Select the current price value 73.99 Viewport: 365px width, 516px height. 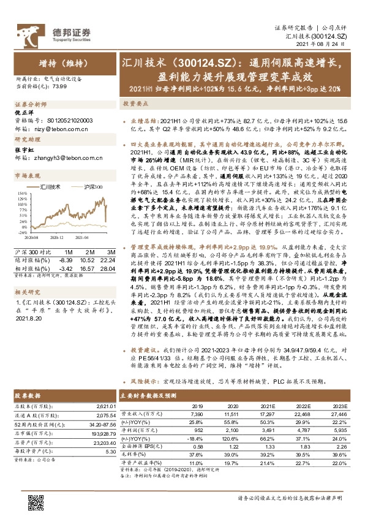(x=61, y=88)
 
